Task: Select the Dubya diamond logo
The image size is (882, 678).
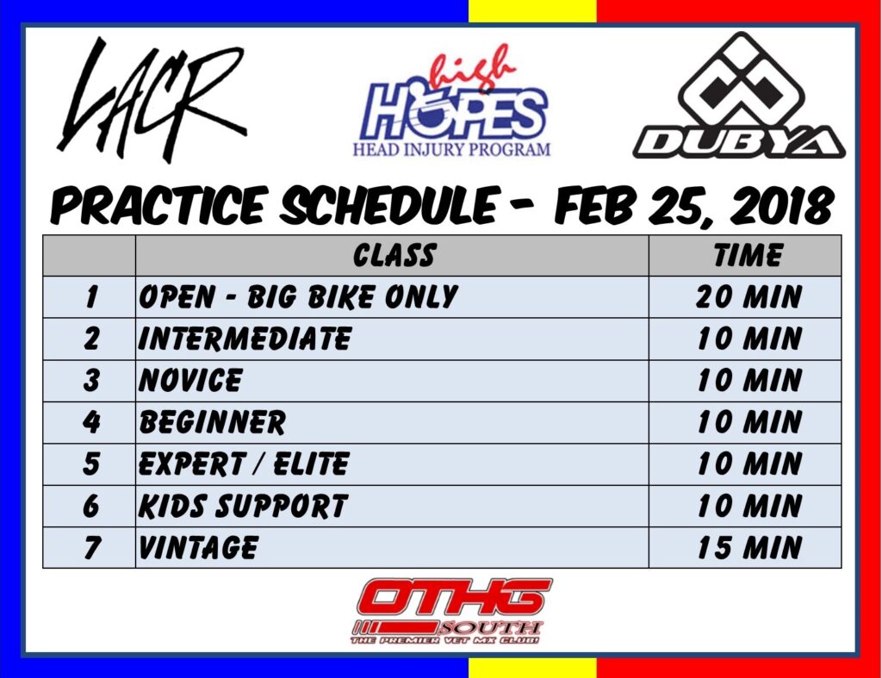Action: click(x=738, y=95)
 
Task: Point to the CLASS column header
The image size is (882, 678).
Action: click(x=394, y=256)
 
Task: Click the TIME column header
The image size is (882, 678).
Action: click(x=748, y=256)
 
